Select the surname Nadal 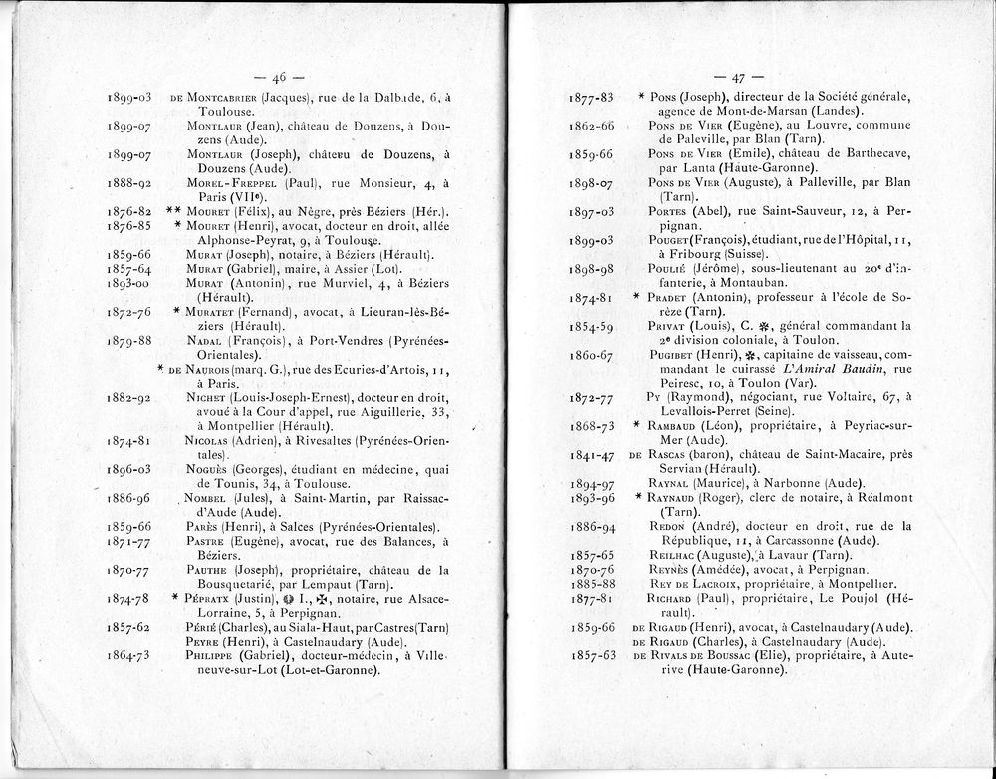point(206,341)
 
